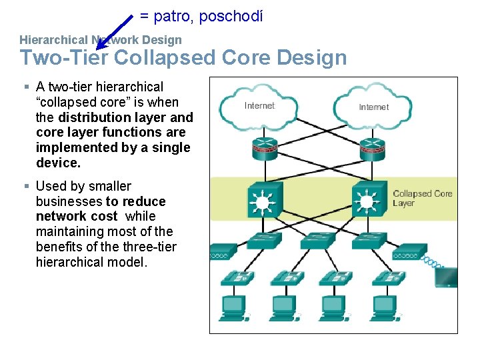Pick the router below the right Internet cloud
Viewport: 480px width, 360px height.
pyautogui.click(x=372, y=151)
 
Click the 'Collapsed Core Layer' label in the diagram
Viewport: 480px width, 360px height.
pyautogui.click(x=422, y=198)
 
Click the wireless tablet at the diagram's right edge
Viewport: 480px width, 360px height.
pyautogui.click(x=446, y=276)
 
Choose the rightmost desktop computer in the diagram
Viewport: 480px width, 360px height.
pyautogui.click(x=383, y=307)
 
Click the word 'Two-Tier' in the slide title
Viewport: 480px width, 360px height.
pyautogui.click(x=64, y=58)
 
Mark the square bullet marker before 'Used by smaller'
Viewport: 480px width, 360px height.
pyautogui.click(x=25, y=186)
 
